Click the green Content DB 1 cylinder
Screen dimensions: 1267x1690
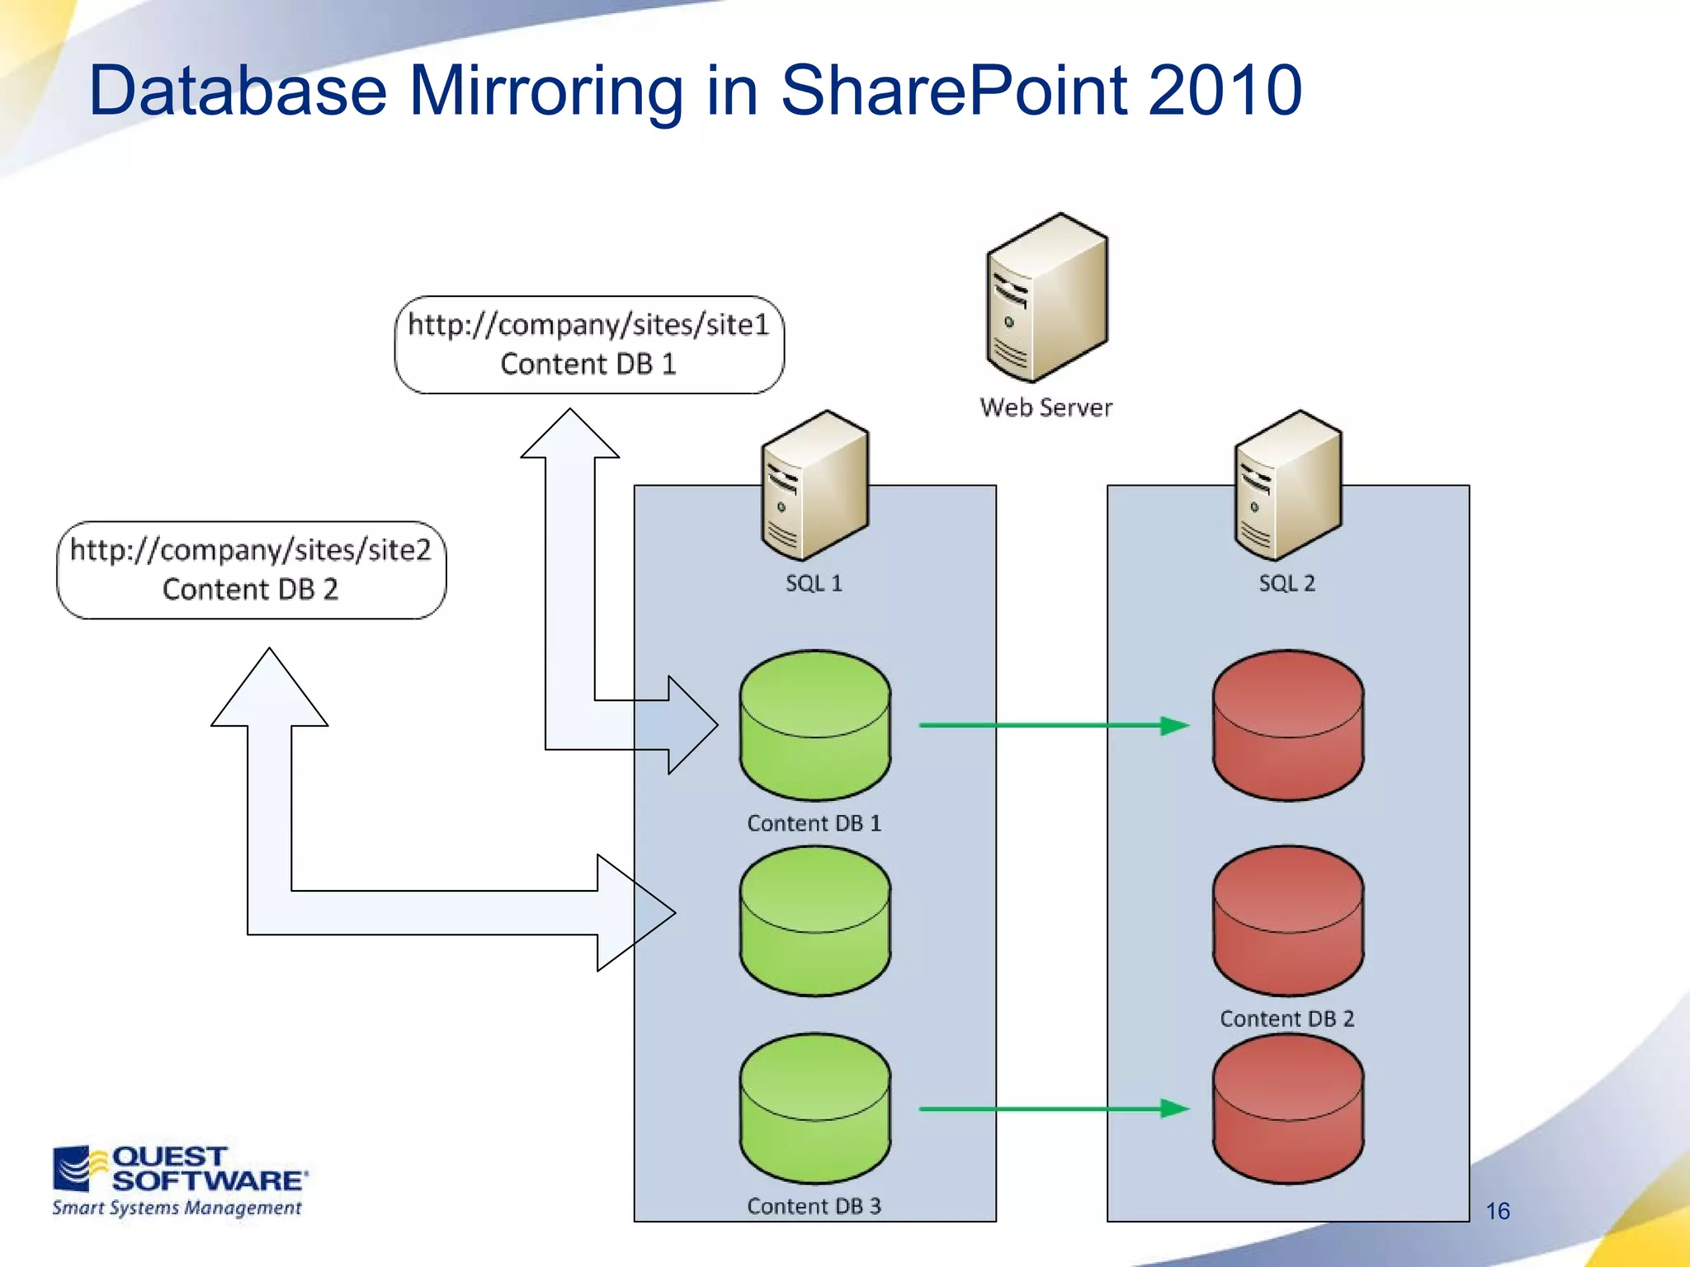(814, 726)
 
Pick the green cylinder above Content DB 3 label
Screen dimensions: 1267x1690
(814, 1109)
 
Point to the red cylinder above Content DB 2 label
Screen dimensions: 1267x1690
(1287, 921)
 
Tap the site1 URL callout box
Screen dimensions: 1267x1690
(589, 345)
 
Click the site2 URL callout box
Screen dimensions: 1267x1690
(251, 570)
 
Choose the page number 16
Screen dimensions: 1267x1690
(1497, 1211)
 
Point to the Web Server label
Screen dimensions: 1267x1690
(1046, 407)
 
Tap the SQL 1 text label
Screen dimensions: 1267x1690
(814, 583)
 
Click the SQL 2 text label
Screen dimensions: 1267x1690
(1286, 583)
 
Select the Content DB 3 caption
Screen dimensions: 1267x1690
(814, 1206)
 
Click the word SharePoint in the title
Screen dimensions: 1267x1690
(953, 91)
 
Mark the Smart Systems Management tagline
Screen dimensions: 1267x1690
(177, 1208)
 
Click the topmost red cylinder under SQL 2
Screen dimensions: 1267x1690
(1287, 726)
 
